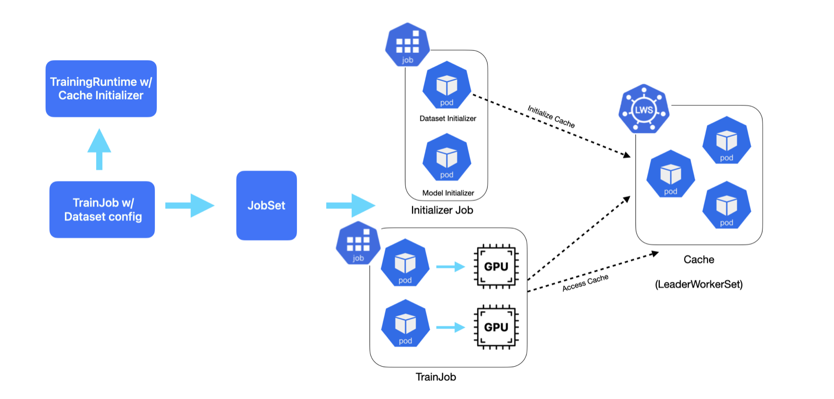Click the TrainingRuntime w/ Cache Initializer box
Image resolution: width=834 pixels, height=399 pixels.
pos(101,89)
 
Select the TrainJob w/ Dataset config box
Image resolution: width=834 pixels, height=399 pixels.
pos(102,209)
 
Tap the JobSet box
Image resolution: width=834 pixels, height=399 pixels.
pos(266,205)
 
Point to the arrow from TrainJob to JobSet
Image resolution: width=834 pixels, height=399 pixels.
pos(189,205)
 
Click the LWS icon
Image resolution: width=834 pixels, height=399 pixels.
pos(644,109)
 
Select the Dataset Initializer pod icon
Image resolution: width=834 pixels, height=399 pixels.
pos(446,86)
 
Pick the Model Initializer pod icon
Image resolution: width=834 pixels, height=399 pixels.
pos(446,158)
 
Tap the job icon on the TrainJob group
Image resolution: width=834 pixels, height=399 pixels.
pos(358,243)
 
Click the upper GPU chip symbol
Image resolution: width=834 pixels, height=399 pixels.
pos(496,266)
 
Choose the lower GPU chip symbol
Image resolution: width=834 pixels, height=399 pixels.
pos(496,327)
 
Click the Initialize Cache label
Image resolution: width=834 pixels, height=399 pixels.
pos(551,116)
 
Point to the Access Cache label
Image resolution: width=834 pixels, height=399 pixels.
pos(585,283)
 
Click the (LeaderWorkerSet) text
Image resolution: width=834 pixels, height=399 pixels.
pos(699,284)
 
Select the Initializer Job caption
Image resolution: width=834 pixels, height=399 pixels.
pos(442,210)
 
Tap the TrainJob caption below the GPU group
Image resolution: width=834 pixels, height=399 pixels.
pos(436,377)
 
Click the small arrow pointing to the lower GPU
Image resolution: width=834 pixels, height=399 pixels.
pos(450,327)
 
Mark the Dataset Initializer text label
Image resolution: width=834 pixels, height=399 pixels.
pos(448,118)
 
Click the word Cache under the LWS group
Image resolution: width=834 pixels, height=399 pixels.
pos(699,260)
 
